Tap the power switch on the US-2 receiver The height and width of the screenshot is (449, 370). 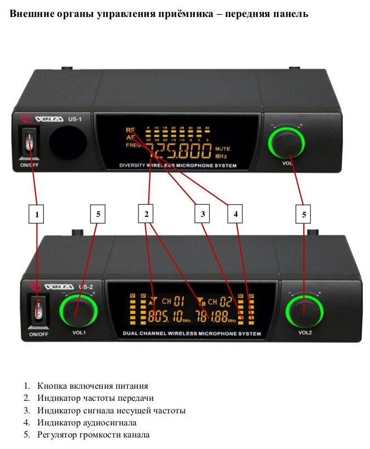(x=38, y=311)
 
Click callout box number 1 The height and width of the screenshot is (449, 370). (x=37, y=215)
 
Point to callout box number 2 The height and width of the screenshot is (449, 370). (x=146, y=215)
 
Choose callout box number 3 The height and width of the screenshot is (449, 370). (x=203, y=215)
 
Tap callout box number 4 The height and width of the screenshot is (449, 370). (x=236, y=215)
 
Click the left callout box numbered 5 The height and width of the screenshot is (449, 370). (x=99, y=215)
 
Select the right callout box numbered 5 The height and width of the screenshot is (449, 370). (x=304, y=215)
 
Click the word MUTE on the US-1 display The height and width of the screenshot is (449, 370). (x=223, y=148)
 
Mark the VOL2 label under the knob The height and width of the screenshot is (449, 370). (x=305, y=332)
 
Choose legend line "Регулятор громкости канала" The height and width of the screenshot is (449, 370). (x=94, y=435)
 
